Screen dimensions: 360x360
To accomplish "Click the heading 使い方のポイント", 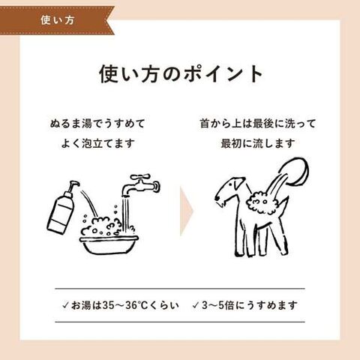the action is tap(181, 74).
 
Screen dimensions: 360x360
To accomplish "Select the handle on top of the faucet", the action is tap(139, 177).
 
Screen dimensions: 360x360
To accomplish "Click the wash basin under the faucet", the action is tap(109, 244).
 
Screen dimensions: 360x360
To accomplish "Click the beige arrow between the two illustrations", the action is tap(186, 211).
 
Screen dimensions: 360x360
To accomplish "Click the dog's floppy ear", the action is tap(238, 184).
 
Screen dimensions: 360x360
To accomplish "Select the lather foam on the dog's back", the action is tap(261, 202).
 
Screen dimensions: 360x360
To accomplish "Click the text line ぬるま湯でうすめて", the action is tap(97, 124).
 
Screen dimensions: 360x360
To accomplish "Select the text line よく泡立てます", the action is tap(97, 143).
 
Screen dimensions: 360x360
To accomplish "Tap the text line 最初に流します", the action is tap(258, 143).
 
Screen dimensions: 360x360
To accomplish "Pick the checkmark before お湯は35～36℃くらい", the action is tap(65, 305).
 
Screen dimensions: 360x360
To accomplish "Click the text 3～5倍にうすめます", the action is tap(250, 305).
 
